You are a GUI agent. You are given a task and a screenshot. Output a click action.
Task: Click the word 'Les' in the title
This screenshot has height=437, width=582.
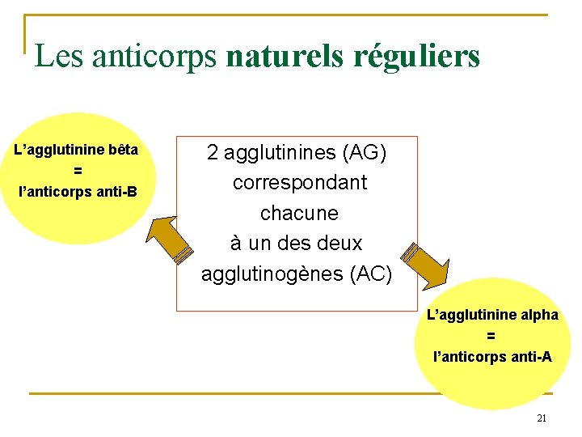[59, 56]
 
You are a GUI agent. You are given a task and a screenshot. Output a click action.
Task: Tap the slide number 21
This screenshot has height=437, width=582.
[542, 418]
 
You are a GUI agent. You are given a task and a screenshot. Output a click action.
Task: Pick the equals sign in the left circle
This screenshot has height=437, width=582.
[78, 172]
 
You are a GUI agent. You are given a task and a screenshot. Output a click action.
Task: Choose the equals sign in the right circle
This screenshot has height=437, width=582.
[491, 336]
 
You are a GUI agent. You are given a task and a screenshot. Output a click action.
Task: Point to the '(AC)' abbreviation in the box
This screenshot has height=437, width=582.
[370, 275]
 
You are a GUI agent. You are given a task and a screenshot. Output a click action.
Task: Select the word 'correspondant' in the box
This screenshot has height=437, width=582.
[299, 183]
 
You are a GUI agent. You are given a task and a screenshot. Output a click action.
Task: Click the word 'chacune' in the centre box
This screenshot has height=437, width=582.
[299, 214]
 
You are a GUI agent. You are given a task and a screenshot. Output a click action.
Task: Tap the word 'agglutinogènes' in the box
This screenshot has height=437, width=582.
[273, 275]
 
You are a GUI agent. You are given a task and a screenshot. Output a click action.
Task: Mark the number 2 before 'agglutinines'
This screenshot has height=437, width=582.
[212, 151]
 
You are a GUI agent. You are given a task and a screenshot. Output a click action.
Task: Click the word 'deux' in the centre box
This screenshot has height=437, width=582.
[339, 244]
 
